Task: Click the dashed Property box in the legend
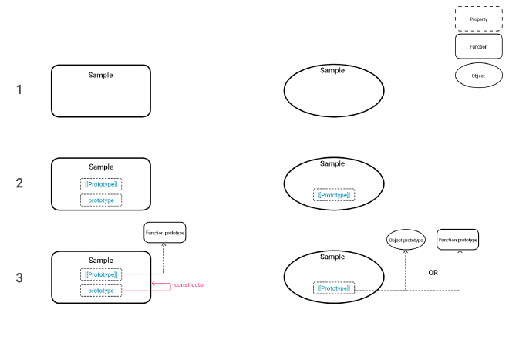[x=478, y=19]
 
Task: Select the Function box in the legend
[x=478, y=47]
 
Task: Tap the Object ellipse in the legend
[x=478, y=76]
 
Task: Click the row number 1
[x=19, y=89]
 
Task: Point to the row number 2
[x=19, y=183]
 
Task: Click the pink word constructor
[x=190, y=285]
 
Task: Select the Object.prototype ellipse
[x=406, y=241]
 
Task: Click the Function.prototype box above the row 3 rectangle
[x=165, y=232]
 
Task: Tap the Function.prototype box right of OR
[x=458, y=241]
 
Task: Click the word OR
[x=433, y=273]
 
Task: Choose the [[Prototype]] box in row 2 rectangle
[x=101, y=184]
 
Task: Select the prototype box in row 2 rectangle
[x=101, y=200]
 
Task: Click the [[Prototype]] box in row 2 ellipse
[x=334, y=195]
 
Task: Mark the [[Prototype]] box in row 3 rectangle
[x=101, y=274]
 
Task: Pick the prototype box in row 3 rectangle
[x=101, y=291]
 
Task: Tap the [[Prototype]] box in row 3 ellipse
[x=334, y=288]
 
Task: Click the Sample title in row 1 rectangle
[x=100, y=75]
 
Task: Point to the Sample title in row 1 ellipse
[x=332, y=70]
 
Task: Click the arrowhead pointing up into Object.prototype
[x=406, y=253]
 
